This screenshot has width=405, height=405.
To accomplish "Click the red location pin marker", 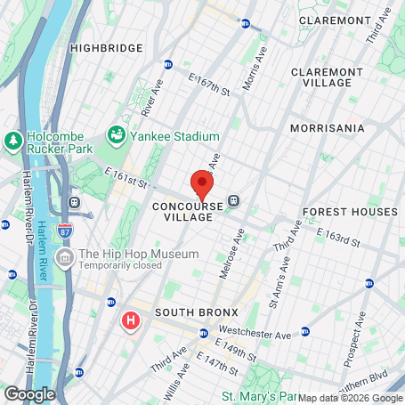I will tap(202, 185).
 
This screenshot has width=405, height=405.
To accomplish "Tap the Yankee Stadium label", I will tap(175, 136).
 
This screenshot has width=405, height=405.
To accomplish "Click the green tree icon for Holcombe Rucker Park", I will tap(12, 141).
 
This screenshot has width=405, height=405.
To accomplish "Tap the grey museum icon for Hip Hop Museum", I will tap(64, 259).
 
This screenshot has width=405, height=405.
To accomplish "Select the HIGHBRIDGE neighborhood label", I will tap(106, 47).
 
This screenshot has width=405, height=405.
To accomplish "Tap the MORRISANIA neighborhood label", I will tap(328, 128).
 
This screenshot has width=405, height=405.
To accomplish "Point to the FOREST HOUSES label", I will tap(350, 213).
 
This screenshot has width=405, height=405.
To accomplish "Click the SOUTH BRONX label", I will tap(193, 313).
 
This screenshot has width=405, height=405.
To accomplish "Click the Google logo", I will tap(29, 393).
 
